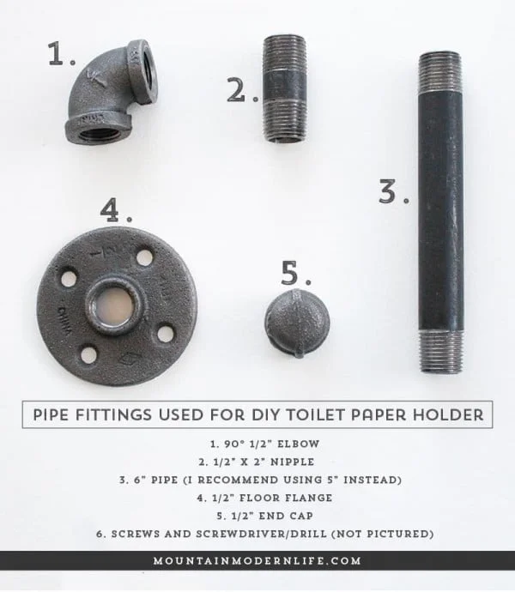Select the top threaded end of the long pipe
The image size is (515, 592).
point(439,69)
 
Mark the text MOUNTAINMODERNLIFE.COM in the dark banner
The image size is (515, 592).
point(257,560)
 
